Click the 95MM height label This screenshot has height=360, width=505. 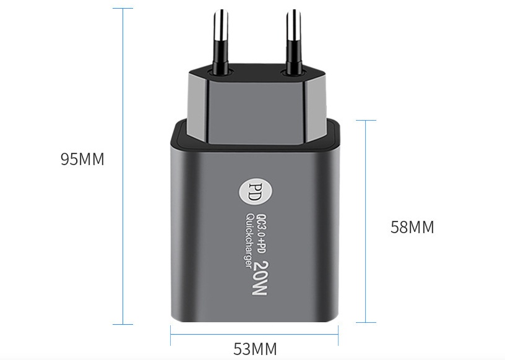click(x=82, y=160)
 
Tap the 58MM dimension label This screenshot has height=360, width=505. click(x=412, y=228)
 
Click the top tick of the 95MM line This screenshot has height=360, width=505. click(x=123, y=9)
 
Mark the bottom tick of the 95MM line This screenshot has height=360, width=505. click(x=123, y=324)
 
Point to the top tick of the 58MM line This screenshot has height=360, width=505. click(x=366, y=120)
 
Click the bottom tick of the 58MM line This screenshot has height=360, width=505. click(x=366, y=322)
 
